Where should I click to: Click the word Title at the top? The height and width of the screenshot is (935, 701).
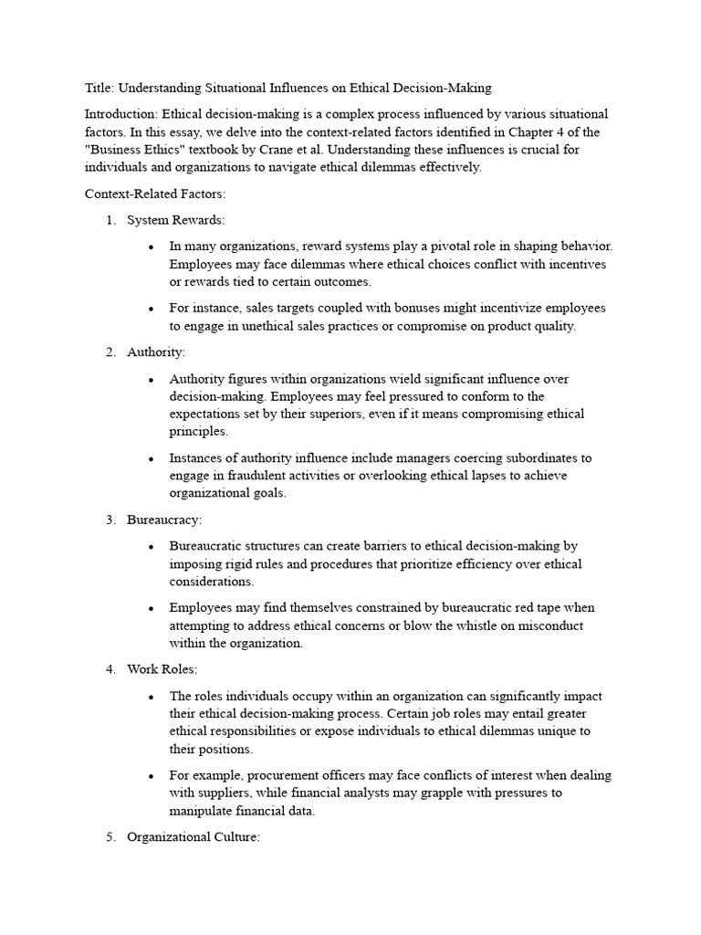[x=98, y=89]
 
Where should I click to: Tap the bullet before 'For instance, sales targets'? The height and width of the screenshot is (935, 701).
[x=151, y=310]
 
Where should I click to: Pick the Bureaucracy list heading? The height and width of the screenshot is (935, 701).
[x=164, y=520]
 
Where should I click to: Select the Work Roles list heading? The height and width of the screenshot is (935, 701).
[x=161, y=669]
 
